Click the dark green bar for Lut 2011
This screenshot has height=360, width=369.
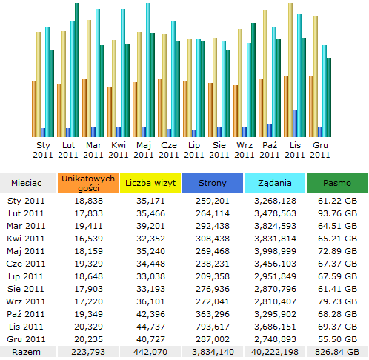77,70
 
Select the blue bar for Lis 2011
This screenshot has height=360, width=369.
295,124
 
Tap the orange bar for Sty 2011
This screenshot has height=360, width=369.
34,109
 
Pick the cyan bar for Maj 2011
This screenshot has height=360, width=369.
148,70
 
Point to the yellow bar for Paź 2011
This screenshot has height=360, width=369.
265,73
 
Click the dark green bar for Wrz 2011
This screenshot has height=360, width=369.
253,80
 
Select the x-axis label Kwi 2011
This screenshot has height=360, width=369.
119,150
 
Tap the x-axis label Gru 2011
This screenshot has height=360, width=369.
320,150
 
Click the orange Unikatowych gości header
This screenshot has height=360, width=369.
88,183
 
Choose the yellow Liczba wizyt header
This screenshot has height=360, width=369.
150,183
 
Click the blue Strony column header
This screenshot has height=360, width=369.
213,183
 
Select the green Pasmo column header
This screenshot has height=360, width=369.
337,183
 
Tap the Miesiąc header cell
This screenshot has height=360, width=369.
27,183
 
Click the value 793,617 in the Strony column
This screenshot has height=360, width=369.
213,327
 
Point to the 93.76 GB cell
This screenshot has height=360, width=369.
337,213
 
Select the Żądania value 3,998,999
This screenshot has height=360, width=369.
275,251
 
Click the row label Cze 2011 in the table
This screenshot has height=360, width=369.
26,264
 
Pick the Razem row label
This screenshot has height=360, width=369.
26,352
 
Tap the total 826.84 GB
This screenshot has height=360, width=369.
337,352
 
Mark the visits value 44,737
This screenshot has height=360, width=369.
150,327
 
